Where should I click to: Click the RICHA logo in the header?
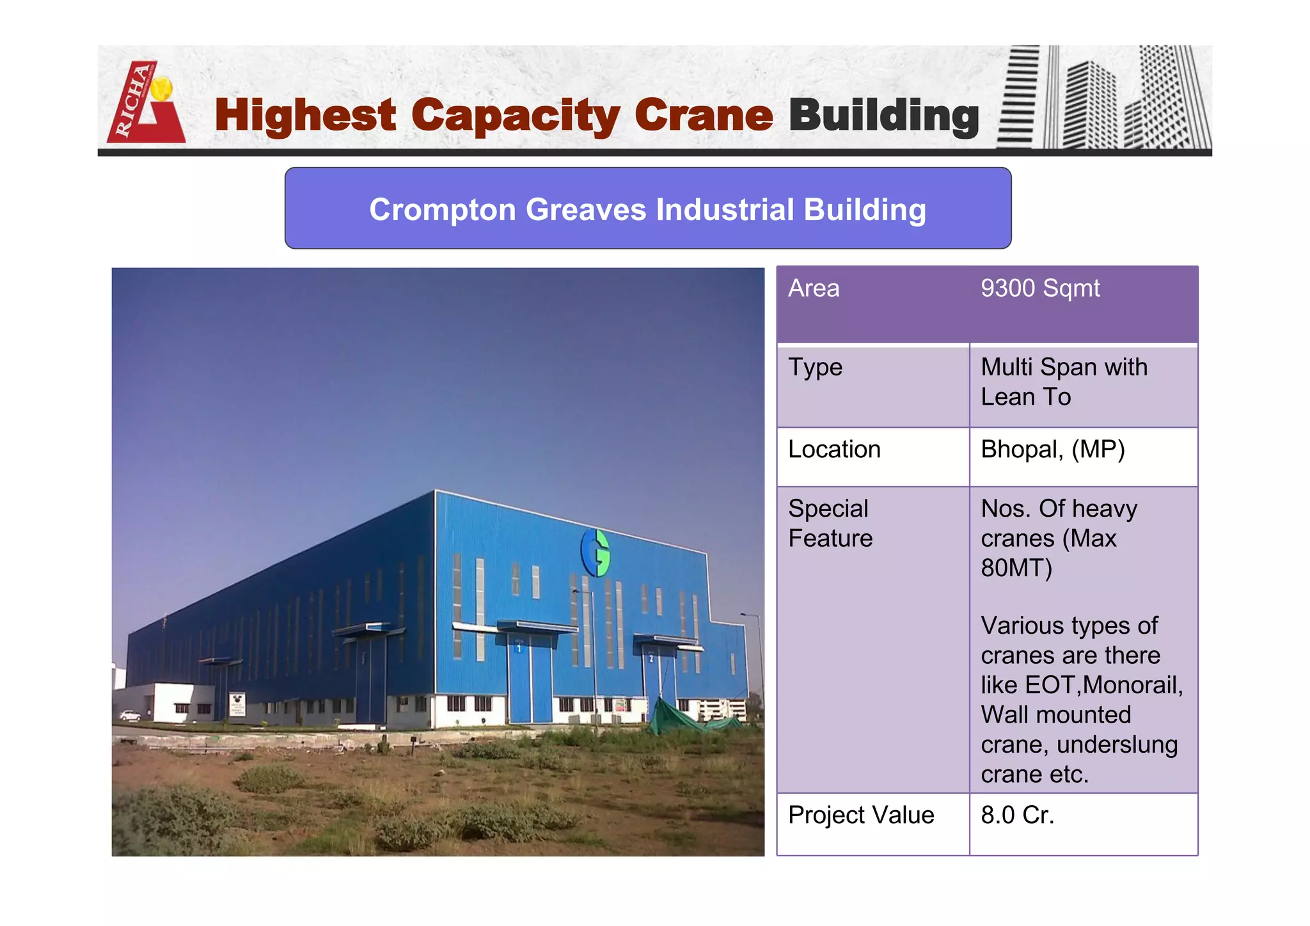tap(145, 102)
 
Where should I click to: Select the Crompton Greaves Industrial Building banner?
tap(647, 208)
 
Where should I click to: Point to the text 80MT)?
tap(1016, 568)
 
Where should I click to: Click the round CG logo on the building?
tap(595, 553)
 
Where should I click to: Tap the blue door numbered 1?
tap(530, 684)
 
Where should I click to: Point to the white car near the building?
tap(130, 715)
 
